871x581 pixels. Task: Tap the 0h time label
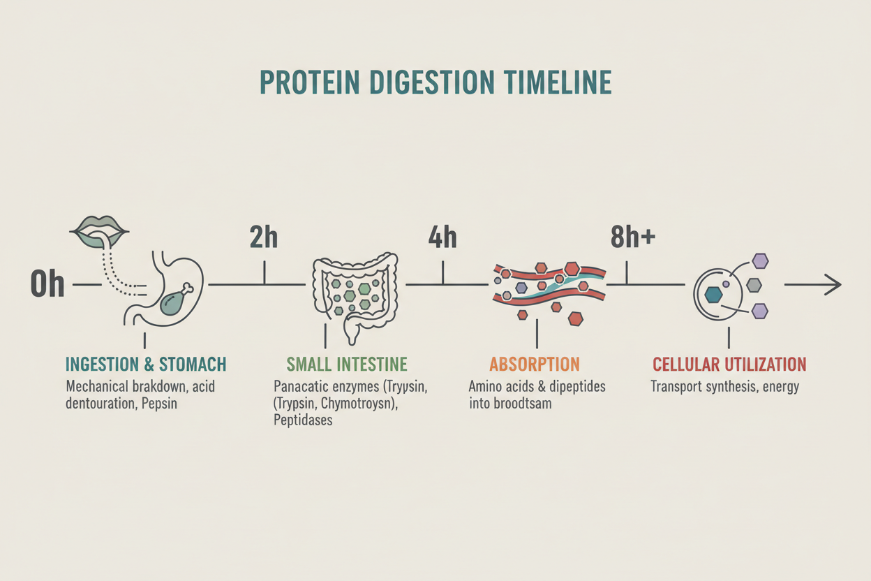[47, 285]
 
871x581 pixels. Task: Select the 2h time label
[264, 238]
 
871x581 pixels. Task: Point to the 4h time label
[442, 238]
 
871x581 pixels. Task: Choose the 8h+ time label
[632, 238]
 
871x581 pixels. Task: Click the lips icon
[101, 229]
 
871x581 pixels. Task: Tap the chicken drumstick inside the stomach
[175, 301]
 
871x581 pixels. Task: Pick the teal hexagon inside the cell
[713, 295]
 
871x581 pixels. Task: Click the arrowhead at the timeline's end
[831, 284]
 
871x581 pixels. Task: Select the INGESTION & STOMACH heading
[146, 364]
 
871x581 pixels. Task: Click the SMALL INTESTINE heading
[347, 364]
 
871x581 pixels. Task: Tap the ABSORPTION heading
[535, 364]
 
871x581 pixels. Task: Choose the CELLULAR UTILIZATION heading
[729, 364]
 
